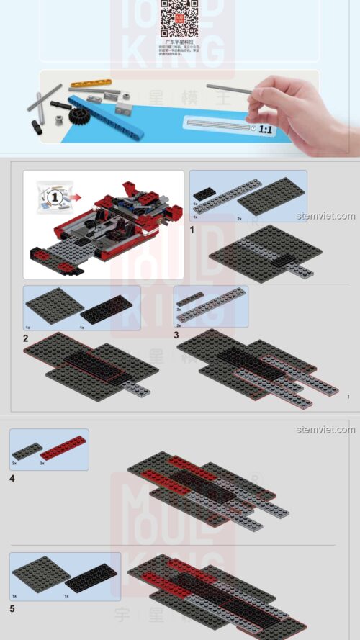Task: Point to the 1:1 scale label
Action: (x=266, y=130)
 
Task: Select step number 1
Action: (x=192, y=229)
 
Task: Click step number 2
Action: (x=26, y=338)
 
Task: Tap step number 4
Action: (x=13, y=477)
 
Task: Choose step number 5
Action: (x=13, y=608)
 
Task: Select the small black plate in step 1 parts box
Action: (x=204, y=191)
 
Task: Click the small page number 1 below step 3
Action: (x=348, y=397)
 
